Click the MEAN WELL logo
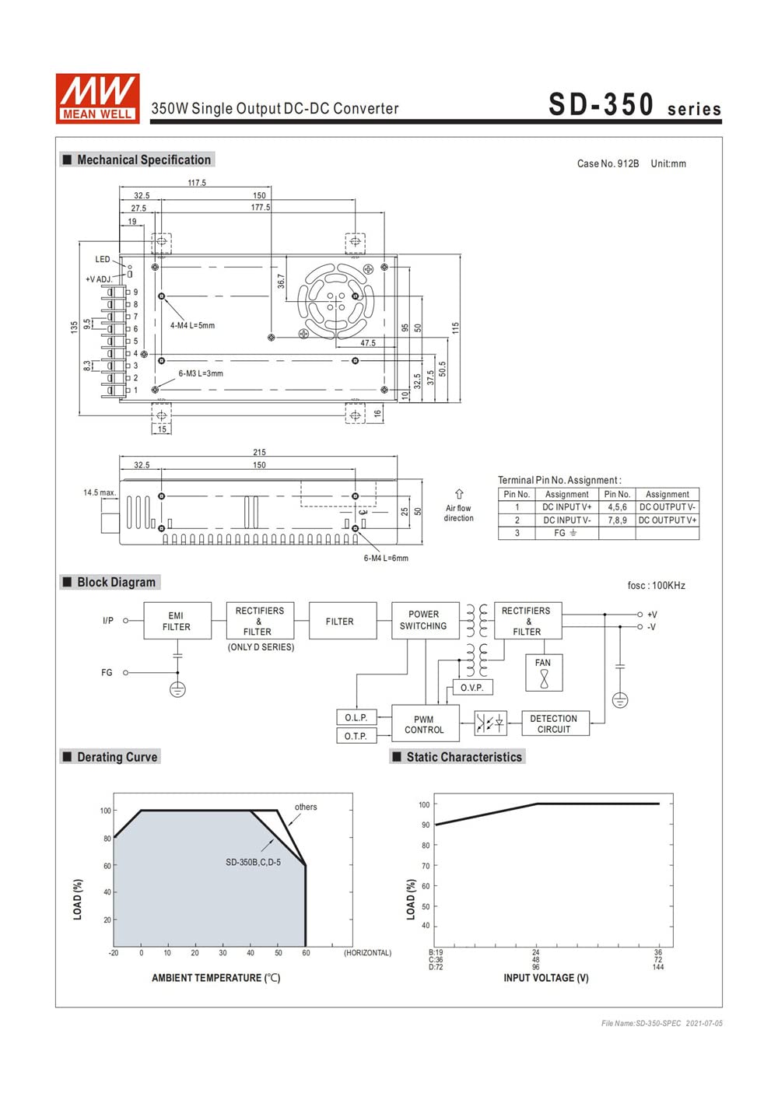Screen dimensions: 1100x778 coord(97,98)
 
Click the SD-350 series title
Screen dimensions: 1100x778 coord(634,105)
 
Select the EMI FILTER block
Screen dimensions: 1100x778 coord(177,621)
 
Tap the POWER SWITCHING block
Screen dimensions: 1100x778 coord(423,620)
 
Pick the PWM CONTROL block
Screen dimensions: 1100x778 coord(424,724)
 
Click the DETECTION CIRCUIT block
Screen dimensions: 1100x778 coord(553,723)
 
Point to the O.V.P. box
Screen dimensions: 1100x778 coord(471,688)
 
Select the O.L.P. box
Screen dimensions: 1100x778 coord(356,717)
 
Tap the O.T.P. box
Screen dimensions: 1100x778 coord(356,736)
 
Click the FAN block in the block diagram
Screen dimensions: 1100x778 coord(543,674)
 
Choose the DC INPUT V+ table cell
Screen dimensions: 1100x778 coord(566,507)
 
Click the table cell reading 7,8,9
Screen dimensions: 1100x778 coord(617,520)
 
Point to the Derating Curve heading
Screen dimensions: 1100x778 coord(117,757)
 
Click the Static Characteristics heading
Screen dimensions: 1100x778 coord(464,757)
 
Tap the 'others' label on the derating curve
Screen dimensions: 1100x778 coord(306,807)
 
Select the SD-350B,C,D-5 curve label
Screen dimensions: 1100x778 coord(253,862)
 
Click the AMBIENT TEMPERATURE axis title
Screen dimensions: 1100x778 coord(216,978)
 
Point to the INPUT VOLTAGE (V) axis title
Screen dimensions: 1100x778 coord(545,978)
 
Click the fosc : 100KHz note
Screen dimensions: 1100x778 coord(656,586)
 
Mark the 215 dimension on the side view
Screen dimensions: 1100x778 coord(259,452)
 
